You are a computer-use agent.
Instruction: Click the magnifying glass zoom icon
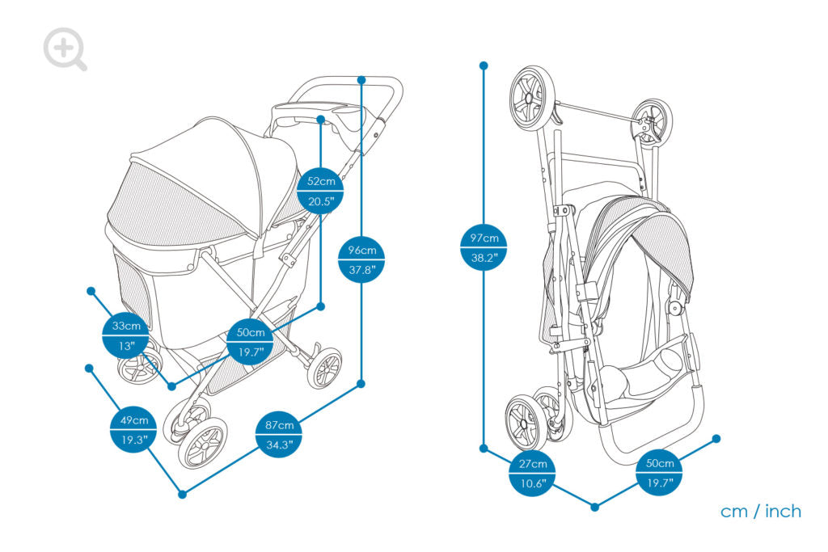65,49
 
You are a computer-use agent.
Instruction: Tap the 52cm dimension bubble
321,191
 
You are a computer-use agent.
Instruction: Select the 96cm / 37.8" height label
361,259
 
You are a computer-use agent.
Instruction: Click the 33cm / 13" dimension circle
126,335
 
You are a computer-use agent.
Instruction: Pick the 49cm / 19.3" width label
134,431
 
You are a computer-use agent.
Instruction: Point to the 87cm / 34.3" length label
279,435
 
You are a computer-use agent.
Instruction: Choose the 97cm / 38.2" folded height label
484,248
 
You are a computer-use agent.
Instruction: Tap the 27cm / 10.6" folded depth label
532,474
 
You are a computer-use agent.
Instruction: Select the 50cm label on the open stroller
250,342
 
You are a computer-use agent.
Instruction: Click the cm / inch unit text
760,512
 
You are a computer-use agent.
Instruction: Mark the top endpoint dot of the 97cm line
484,65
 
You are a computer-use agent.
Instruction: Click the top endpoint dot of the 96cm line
361,79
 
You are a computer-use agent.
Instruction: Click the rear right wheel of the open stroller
325,369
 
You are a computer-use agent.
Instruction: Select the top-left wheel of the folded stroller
532,98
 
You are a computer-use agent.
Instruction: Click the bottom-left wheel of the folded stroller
524,422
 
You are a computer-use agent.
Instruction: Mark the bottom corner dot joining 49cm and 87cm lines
182,494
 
